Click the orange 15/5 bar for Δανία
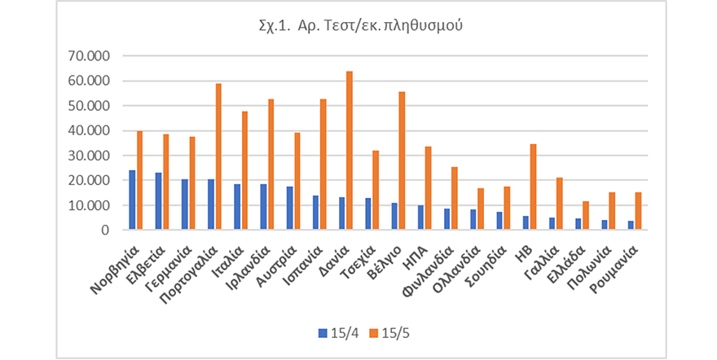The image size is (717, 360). click(350, 151)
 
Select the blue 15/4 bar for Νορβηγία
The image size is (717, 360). click(132, 200)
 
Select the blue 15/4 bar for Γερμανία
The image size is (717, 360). click(185, 204)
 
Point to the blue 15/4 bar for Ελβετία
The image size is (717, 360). click(158, 201)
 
